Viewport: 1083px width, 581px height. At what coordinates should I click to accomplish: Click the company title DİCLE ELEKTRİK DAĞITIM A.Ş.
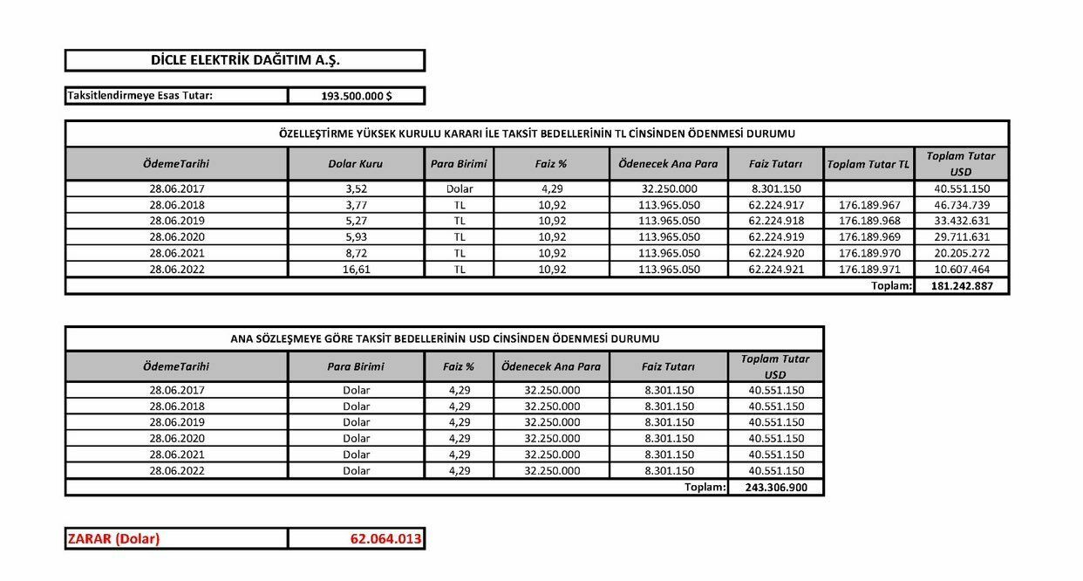[244, 60]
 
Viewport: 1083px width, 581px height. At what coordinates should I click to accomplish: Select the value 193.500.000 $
[356, 96]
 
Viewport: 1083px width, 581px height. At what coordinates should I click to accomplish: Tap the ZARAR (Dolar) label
[113, 539]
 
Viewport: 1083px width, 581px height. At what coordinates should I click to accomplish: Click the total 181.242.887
[961, 286]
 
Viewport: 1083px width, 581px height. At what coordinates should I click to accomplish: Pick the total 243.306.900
[775, 488]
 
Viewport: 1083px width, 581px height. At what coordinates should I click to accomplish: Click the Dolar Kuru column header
[355, 164]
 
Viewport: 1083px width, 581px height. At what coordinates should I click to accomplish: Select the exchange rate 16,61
[355, 270]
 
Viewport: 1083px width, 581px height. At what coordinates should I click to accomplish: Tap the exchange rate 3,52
[355, 188]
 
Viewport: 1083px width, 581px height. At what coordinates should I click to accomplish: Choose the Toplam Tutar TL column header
[868, 164]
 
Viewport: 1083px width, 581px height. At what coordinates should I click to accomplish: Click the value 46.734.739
[961, 205]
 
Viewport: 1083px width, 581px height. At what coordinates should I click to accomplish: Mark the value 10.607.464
[961, 270]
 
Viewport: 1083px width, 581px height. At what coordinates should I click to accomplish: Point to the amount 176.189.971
[868, 270]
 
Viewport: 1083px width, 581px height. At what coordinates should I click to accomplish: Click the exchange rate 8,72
[355, 253]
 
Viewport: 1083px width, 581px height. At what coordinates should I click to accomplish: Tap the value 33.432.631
[961, 221]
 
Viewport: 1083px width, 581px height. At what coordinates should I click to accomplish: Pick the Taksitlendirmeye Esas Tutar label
[140, 96]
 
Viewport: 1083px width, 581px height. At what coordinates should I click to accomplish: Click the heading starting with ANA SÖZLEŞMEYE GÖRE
[444, 338]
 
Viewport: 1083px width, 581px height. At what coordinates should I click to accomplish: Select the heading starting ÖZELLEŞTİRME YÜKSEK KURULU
[536, 133]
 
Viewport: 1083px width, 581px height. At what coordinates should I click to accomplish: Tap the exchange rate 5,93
[355, 237]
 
